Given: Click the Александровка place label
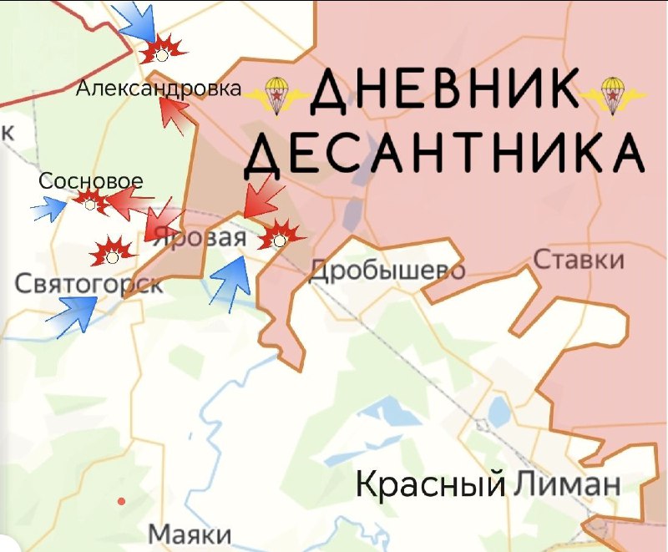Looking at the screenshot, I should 159,89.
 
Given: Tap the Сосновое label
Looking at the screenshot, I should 91,181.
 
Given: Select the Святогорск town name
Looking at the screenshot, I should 89,284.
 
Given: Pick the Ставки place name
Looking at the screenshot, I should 579,260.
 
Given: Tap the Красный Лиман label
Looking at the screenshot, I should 488,484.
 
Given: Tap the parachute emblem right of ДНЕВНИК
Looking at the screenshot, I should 613,94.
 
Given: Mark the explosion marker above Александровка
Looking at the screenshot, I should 161,53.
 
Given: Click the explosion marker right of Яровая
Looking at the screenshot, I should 280,236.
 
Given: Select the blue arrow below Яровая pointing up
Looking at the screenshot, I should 231,283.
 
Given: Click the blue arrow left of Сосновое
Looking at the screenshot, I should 49,209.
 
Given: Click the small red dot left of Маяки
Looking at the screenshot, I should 122,501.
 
